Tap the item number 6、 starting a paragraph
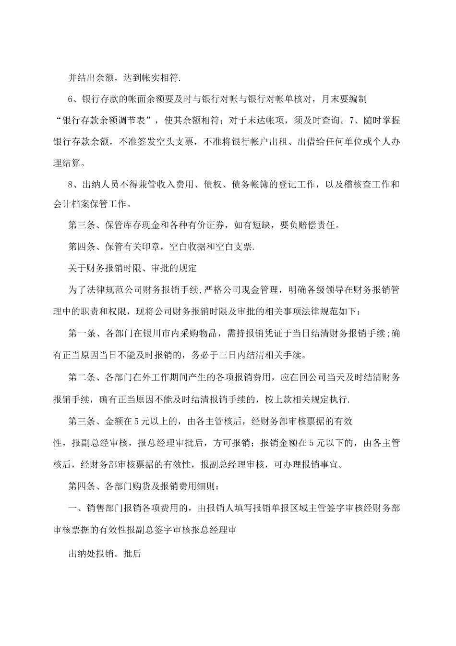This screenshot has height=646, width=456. point(73,99)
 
